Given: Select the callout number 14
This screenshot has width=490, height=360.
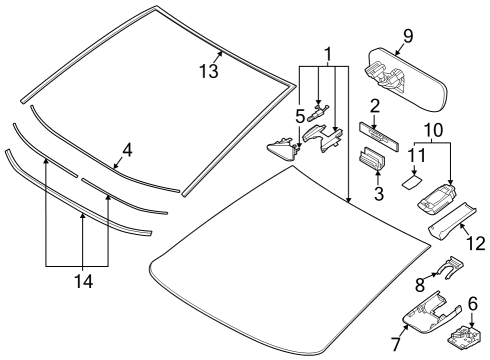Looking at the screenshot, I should pos(83,283).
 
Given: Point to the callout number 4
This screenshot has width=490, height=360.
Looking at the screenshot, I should pos(126,152).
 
